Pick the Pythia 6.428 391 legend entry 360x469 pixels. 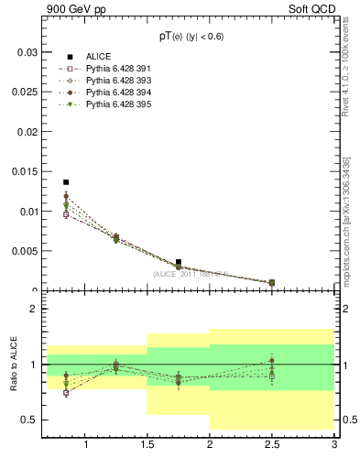[x=115, y=70]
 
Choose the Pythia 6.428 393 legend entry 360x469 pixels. [x=115, y=82]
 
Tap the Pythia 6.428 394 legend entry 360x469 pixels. [x=115, y=93]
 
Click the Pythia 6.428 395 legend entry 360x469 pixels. [x=115, y=105]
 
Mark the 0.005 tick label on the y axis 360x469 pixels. [x=27, y=251]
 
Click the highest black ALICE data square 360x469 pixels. [x=66, y=182]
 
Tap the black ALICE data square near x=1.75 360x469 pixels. [x=179, y=262]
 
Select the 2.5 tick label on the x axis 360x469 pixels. [x=272, y=445]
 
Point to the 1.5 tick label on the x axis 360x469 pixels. [x=147, y=445]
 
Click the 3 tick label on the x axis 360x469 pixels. [x=334, y=445]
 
